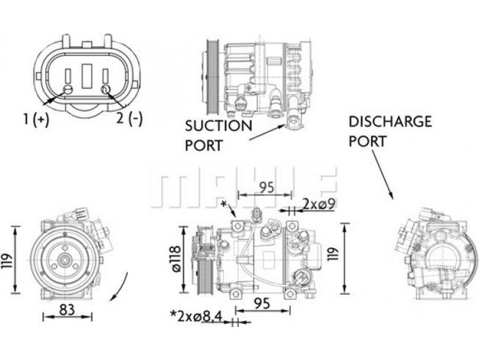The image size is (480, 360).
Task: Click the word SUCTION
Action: coord(218,126)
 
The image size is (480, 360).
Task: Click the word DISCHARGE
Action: coord(391,122)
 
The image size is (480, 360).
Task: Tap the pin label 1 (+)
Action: coord(37,119)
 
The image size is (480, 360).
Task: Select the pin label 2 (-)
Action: coord(129,118)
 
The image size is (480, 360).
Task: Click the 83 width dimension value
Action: coord(67,310)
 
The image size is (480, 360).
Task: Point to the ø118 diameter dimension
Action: coord(176,259)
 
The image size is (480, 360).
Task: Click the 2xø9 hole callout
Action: coord(319,203)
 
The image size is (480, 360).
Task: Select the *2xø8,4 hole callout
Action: coord(196,317)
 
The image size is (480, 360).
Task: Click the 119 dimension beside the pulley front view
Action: coord(7,261)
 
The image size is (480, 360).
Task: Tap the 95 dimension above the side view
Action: coord(266,187)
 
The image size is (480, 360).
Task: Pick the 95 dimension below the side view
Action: coord(262,304)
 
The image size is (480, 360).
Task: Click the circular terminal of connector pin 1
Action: coord(68,89)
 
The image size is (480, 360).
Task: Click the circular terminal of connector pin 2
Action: coord(106,89)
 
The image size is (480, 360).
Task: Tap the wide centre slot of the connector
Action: coord(87,76)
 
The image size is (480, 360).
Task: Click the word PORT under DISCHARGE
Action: coord(368,141)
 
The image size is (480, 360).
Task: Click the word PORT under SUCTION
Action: coord(203,145)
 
